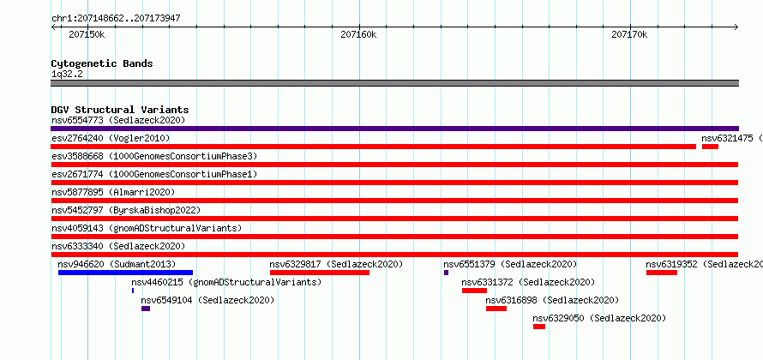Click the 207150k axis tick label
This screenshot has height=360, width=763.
click(87, 34)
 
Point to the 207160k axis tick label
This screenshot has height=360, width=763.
click(358, 34)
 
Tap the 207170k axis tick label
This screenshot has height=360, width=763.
click(629, 34)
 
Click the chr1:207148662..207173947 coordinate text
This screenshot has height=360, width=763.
click(117, 19)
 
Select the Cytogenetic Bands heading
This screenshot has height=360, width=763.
click(102, 63)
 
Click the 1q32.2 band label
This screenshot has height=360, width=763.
click(67, 75)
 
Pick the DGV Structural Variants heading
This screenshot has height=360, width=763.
click(120, 110)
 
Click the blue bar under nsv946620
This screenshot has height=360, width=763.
click(125, 273)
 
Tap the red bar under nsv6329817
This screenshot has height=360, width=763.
click(320, 273)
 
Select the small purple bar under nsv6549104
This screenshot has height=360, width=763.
click(146, 309)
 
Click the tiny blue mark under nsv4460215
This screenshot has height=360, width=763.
click(133, 291)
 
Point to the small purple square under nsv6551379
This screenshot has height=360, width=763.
click(446, 273)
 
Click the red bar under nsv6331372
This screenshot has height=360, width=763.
click(474, 291)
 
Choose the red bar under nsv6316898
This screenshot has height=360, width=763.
click(496, 309)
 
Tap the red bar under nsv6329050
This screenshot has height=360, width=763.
click(539, 327)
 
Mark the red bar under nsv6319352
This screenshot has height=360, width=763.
click(662, 273)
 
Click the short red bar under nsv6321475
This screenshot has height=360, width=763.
click(711, 147)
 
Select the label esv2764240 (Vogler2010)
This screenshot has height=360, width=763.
click(111, 138)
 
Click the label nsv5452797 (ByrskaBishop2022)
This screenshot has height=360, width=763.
click(126, 210)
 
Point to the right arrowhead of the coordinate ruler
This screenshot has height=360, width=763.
click(736, 27)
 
